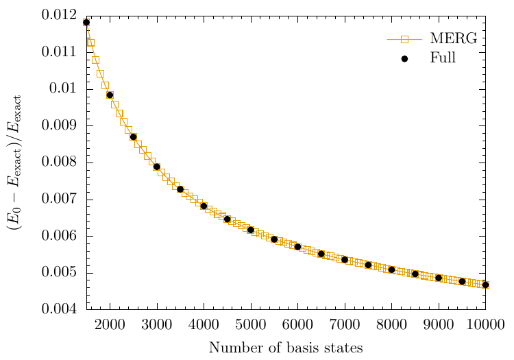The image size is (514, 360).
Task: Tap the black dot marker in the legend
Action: tap(404, 59)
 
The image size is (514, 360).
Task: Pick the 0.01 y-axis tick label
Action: tap(67, 89)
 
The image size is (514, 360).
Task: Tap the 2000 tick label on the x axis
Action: tap(110, 324)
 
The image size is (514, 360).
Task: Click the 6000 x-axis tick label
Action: tap(297, 324)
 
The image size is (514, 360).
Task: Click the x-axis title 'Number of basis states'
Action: tap(285, 348)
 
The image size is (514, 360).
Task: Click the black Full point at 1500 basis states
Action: tap(86, 23)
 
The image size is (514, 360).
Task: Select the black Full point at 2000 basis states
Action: tap(110, 95)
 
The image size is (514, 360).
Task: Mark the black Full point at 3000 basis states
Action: tap(157, 167)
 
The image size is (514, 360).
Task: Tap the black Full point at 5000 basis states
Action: tap(251, 230)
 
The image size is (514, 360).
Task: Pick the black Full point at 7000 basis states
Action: tap(345, 260)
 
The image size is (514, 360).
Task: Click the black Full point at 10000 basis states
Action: tap(485, 285)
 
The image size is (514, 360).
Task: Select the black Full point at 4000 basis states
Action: tap(204, 206)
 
